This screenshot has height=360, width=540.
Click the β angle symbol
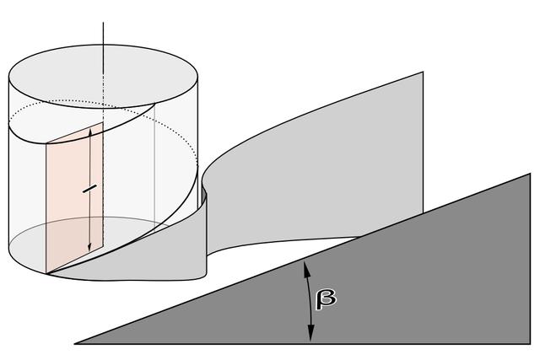point(326,298)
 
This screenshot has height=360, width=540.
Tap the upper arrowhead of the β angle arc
point(305,268)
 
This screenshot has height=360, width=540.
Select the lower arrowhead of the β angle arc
point(311,335)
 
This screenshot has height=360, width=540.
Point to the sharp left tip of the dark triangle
point(75,343)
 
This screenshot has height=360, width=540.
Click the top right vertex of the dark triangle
point(530,174)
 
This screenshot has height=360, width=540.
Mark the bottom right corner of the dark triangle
point(530,343)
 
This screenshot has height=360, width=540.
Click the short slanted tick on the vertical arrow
point(89,189)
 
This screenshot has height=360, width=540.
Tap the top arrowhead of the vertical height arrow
point(90,132)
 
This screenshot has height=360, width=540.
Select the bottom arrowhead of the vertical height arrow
point(89,246)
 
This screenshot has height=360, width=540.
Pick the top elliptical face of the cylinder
point(103,76)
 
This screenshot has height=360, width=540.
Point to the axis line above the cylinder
point(103,34)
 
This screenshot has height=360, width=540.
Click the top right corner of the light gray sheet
point(423,72)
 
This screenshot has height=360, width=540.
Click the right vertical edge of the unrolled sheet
point(423,142)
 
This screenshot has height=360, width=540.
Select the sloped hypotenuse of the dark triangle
point(302,259)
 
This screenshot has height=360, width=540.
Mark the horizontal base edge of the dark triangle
point(302,343)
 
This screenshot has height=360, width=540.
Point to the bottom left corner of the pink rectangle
point(46,273)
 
